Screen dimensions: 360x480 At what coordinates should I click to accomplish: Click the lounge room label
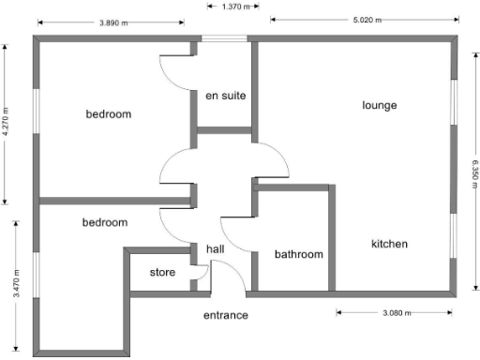pyautogui.click(x=379, y=105)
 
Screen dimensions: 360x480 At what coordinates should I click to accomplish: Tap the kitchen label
pyautogui.click(x=389, y=244)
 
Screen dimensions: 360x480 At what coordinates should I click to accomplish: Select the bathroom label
pyautogui.click(x=298, y=254)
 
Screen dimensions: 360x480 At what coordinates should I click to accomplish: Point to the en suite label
pyautogui.click(x=225, y=95)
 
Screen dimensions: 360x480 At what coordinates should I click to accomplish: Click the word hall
pyautogui.click(x=216, y=248)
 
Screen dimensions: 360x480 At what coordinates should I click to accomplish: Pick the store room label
pyautogui.click(x=163, y=273)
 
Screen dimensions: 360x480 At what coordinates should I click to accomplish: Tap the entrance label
pyautogui.click(x=226, y=315)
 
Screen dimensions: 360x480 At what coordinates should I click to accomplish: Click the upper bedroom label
pyautogui.click(x=109, y=114)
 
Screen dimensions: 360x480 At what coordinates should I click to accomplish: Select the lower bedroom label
pyautogui.click(x=104, y=222)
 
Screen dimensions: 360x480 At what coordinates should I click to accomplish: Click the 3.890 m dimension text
pyautogui.click(x=114, y=22)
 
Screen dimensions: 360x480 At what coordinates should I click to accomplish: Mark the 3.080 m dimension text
pyautogui.click(x=395, y=313)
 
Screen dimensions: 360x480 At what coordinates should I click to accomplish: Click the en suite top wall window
pyautogui.click(x=224, y=38)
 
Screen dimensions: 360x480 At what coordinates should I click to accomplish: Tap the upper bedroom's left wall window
pyautogui.click(x=37, y=116)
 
